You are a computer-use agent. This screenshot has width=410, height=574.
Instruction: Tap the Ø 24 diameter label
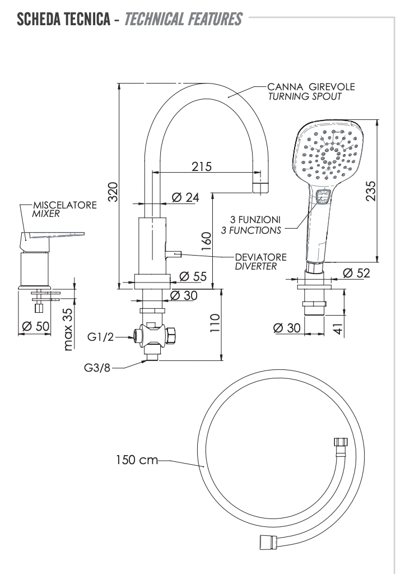tap(185, 197)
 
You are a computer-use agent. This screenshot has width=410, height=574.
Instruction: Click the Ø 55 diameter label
tap(193, 276)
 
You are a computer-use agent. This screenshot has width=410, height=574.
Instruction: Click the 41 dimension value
tap(337, 327)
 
